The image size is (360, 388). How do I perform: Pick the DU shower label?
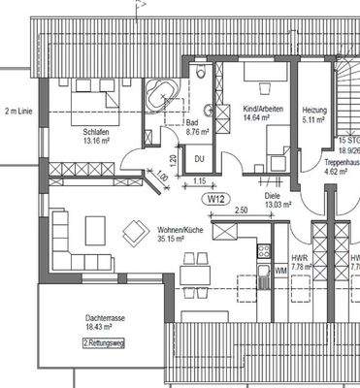click(x=200, y=159)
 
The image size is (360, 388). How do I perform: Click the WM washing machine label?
click(x=280, y=271)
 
